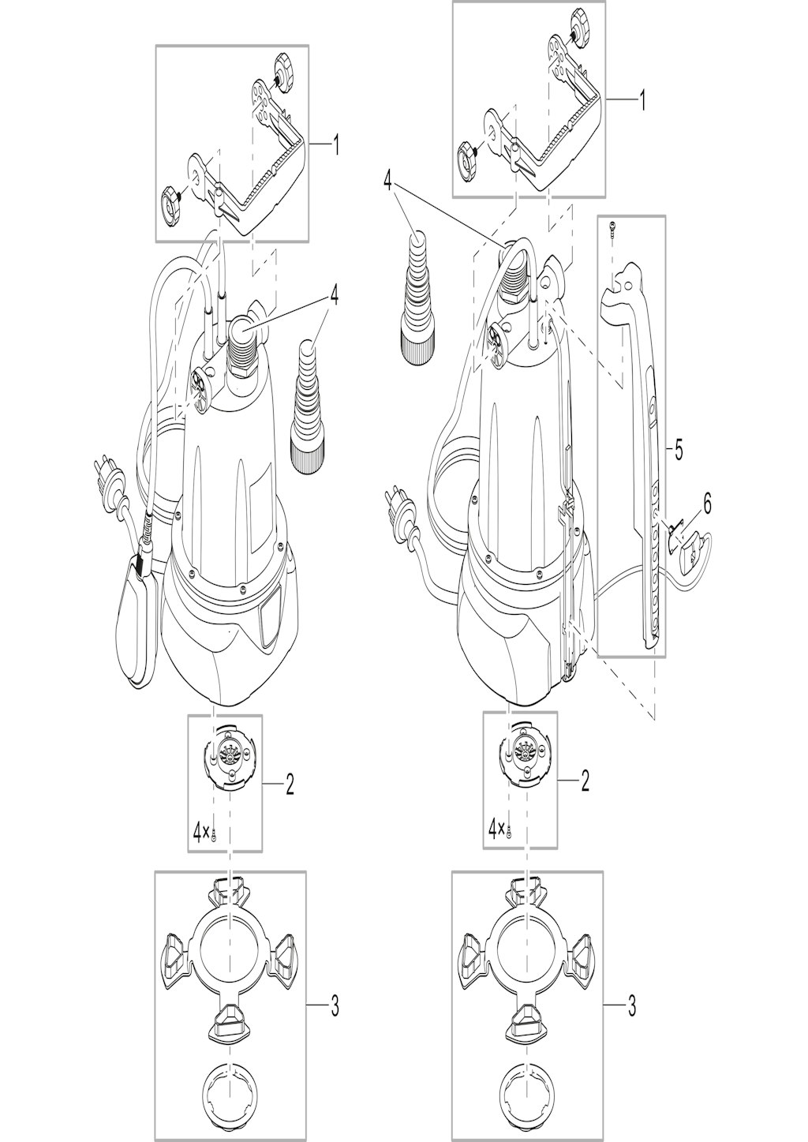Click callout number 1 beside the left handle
click(335, 146)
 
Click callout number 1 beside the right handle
click(642, 100)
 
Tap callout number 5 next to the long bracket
click(679, 451)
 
